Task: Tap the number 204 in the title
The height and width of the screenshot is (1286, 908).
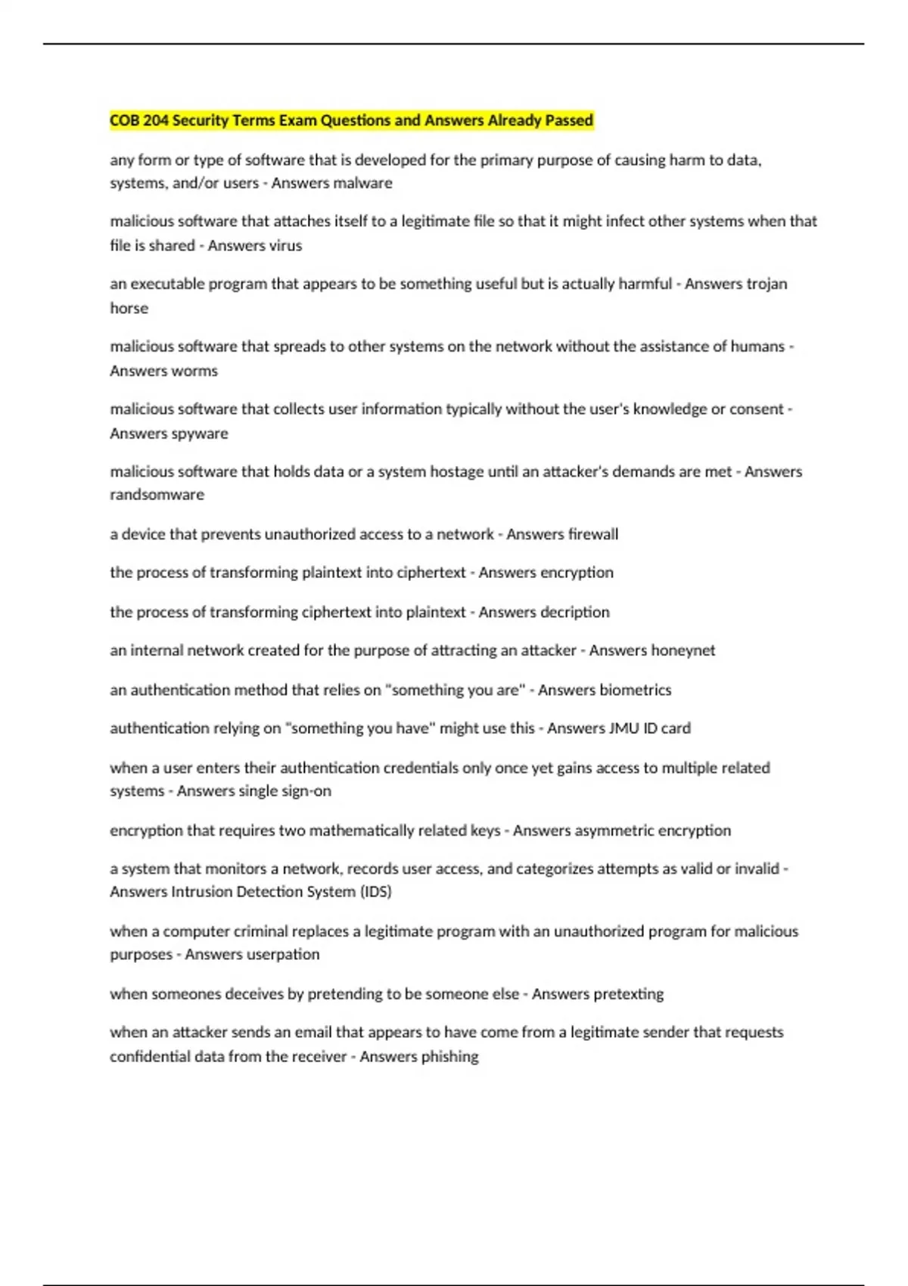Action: click(x=156, y=120)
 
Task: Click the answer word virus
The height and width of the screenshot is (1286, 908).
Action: click(x=285, y=246)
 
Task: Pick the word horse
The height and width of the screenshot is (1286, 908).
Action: click(x=129, y=309)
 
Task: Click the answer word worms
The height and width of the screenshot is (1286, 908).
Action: click(x=196, y=371)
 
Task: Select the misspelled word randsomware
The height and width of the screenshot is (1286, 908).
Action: click(x=157, y=495)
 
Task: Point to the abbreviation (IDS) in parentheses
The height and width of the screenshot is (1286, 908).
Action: click(x=375, y=892)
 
